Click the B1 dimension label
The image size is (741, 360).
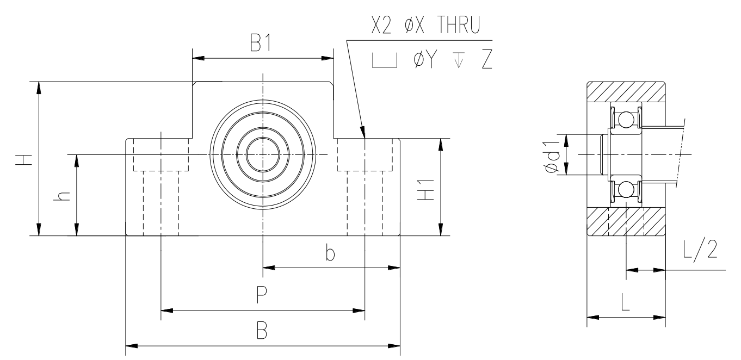(261, 43)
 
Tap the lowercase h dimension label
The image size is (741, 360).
(62, 196)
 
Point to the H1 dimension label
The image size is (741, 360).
(425, 190)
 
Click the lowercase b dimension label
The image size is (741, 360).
(330, 253)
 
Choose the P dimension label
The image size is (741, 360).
(262, 295)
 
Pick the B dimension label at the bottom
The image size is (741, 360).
(262, 330)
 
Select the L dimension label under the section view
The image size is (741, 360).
(625, 301)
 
